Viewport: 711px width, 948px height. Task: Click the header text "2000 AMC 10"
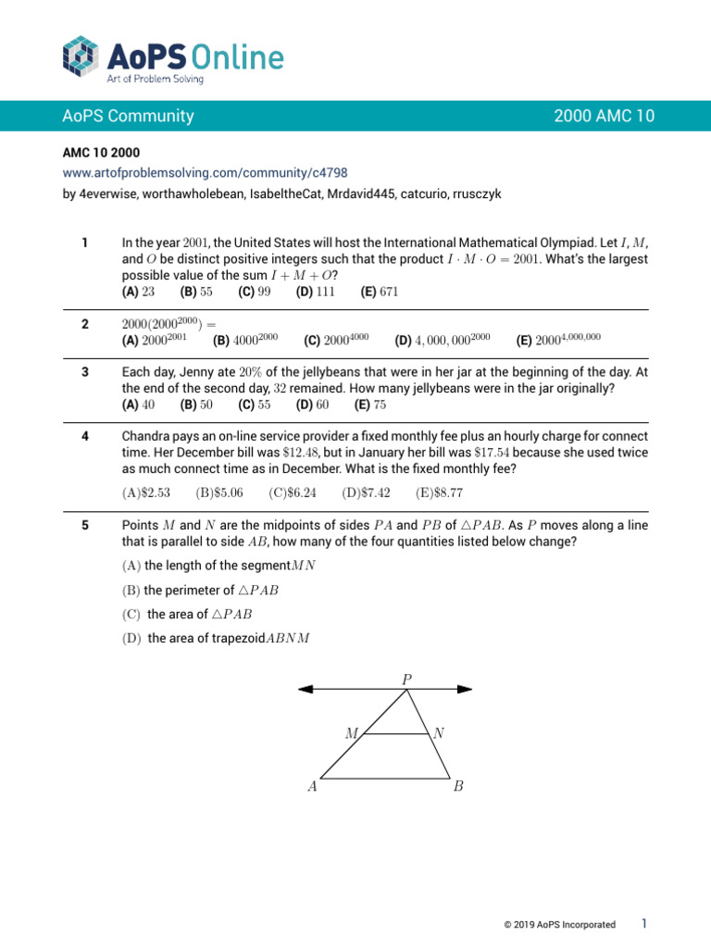pos(604,116)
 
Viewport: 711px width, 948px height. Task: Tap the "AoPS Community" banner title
pos(128,116)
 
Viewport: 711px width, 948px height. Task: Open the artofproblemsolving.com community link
pos(205,172)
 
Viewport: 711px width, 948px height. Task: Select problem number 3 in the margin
pos(84,371)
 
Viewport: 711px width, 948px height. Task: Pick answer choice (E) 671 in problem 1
pos(381,291)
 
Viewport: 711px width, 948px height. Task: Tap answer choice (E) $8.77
pos(439,493)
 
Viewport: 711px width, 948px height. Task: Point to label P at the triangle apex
pos(406,679)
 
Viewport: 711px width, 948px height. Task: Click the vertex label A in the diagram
pos(312,788)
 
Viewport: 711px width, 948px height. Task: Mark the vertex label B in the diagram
pos(458,788)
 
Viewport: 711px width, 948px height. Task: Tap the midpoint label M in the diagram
pos(352,732)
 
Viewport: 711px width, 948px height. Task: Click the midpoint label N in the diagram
pos(439,732)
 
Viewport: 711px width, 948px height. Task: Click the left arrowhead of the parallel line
pos(304,689)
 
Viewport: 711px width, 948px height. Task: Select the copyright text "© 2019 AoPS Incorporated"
pos(559,924)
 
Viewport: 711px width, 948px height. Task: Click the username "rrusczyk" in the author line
pos(477,193)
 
